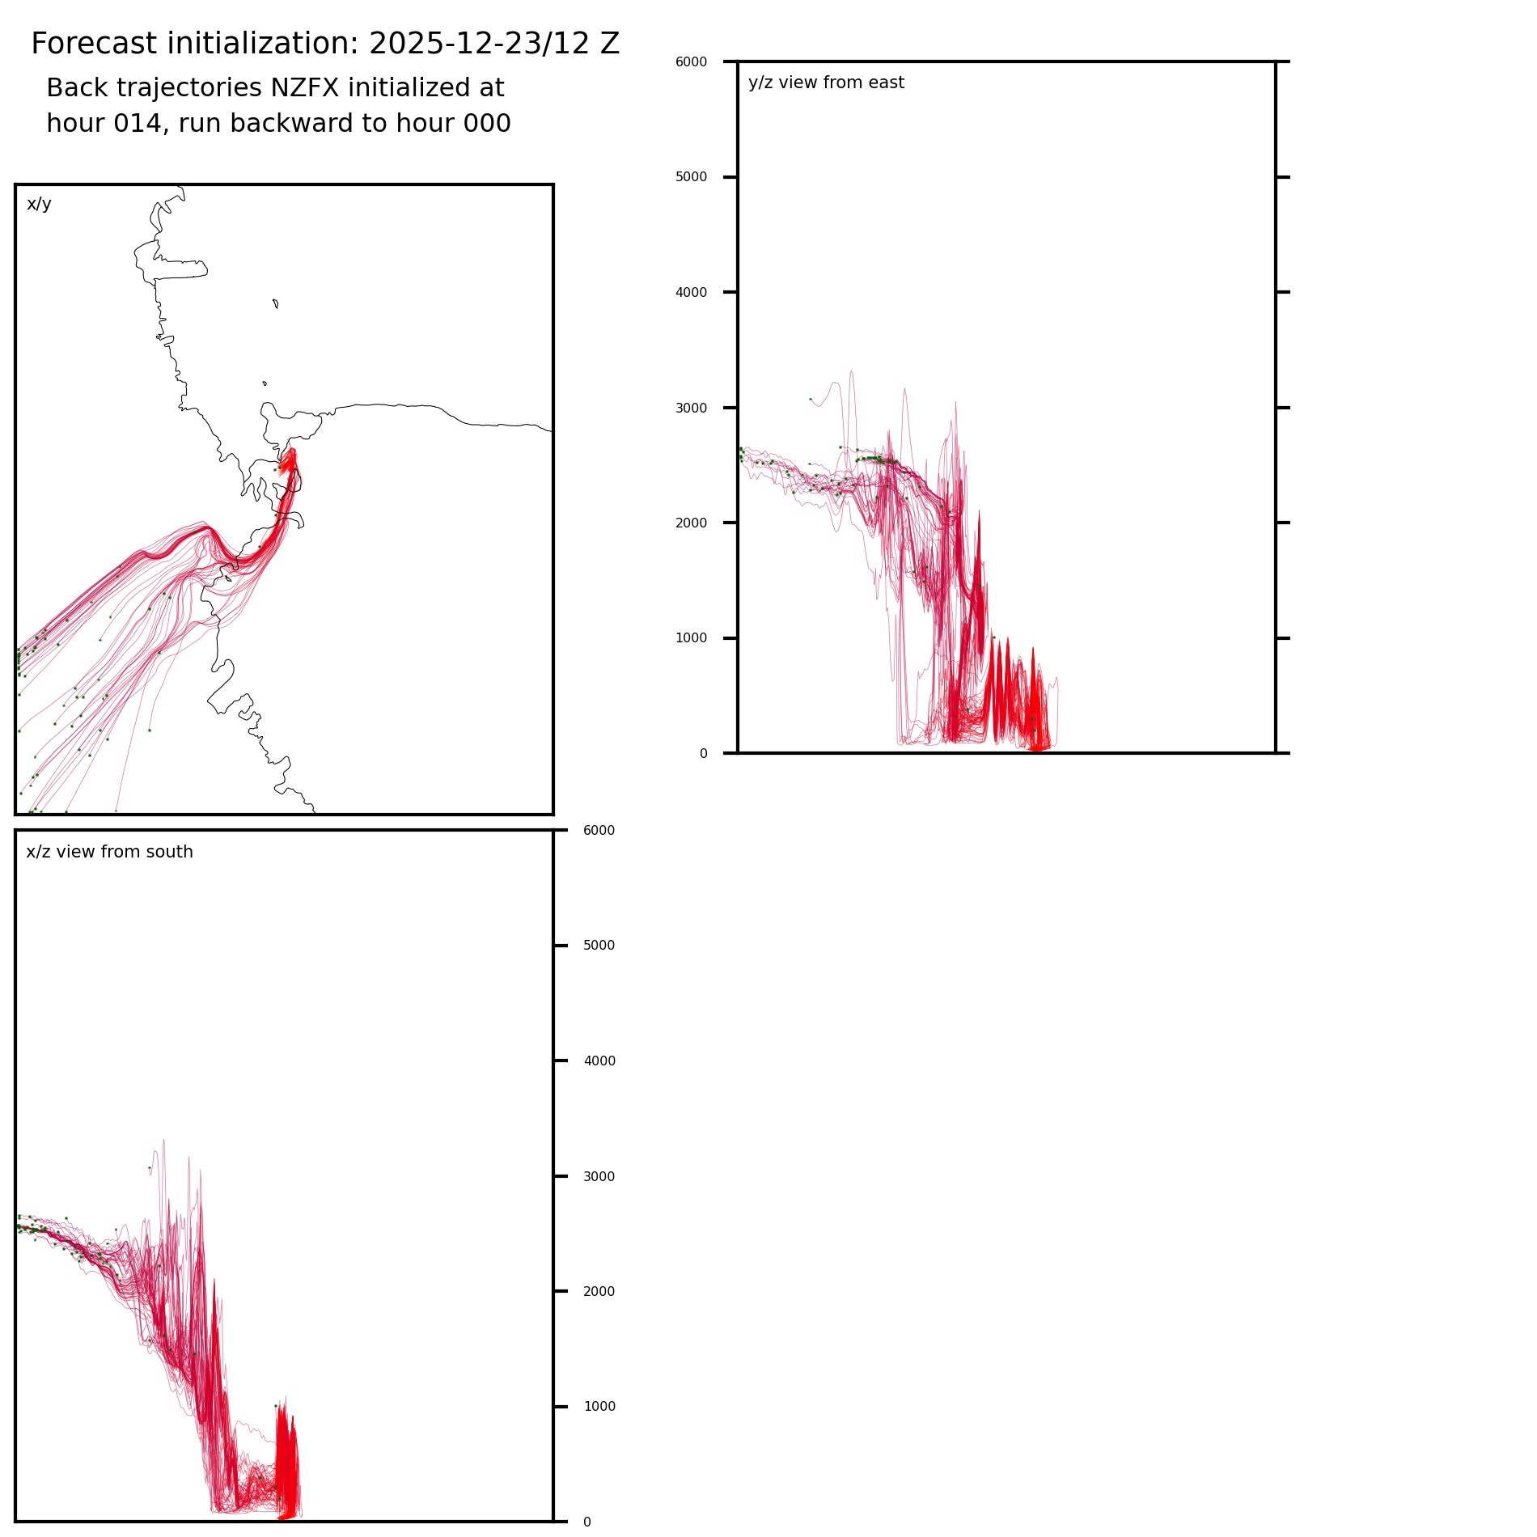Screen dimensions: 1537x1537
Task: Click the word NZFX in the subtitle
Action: coord(309,87)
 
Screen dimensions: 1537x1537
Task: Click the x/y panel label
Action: coord(39,204)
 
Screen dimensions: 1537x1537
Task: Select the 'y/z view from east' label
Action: coord(826,83)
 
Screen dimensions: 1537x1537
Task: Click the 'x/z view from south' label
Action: coord(109,852)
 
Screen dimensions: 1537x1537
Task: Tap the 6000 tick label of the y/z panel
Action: coord(691,61)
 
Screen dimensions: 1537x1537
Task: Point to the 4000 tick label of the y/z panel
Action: coord(691,292)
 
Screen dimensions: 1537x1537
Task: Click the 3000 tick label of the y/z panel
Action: coord(691,408)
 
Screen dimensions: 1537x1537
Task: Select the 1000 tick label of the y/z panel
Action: coord(691,638)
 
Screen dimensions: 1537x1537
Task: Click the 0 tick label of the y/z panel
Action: coord(703,754)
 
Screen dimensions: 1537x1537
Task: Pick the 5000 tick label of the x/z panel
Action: coord(599,946)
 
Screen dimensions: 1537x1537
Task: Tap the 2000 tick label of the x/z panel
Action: coord(599,1291)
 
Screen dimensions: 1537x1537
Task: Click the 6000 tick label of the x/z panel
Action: coord(599,831)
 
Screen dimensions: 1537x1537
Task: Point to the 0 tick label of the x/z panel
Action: coord(586,1522)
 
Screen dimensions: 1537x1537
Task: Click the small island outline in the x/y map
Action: coord(276,303)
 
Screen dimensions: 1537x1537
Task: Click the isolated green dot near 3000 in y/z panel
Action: coord(811,399)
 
